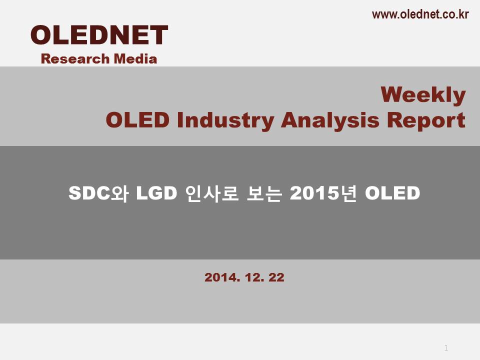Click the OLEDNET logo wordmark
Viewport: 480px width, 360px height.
[99, 35]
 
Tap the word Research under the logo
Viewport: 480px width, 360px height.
[75, 59]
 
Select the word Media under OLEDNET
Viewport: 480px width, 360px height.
[135, 59]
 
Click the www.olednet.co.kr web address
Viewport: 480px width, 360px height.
[420, 14]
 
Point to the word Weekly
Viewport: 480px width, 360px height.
[423, 95]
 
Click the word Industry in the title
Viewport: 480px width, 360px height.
[225, 120]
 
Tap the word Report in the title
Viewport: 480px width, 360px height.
[426, 120]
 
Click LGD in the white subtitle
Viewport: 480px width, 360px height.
[156, 193]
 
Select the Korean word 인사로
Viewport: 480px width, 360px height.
[212, 193]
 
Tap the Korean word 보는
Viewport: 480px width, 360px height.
[264, 193]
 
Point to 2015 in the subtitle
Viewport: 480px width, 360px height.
[314, 193]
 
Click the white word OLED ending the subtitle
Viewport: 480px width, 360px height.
[392, 193]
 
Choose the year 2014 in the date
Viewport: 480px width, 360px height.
[222, 277]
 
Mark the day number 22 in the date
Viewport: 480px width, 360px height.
[276, 277]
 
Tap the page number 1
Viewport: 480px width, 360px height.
[446, 348]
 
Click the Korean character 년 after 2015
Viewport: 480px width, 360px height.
[348, 193]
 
